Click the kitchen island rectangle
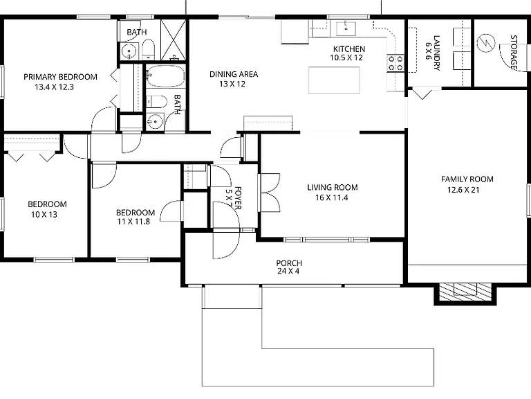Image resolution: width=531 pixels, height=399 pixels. (x=334, y=80)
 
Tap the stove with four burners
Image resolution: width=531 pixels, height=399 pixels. (x=395, y=64)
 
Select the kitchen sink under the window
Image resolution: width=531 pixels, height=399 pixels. (x=346, y=28)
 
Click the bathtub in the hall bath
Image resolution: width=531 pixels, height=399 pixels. (x=166, y=76)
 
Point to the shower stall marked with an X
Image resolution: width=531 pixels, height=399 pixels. (x=173, y=39)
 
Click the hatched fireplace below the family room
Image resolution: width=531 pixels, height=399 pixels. (x=465, y=292)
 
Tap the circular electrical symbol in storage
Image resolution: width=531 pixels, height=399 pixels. (x=485, y=43)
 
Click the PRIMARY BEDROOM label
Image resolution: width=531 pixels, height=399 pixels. (x=60, y=77)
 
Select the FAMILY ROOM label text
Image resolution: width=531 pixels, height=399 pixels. (x=467, y=179)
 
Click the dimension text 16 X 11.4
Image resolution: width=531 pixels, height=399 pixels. (x=332, y=198)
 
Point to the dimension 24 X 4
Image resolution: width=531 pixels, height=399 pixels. (x=288, y=271)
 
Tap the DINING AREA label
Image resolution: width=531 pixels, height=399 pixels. (x=234, y=74)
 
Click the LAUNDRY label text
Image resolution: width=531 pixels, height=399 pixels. (x=437, y=53)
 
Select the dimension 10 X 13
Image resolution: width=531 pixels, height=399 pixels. (x=44, y=215)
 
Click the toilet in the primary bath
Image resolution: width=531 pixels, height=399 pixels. (x=148, y=49)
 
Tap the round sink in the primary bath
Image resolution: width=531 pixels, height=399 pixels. (x=129, y=51)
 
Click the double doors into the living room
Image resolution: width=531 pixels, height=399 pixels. (x=270, y=193)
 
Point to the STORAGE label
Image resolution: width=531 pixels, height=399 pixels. (x=514, y=53)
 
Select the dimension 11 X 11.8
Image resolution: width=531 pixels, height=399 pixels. (x=133, y=222)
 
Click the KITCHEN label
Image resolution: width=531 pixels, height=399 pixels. (x=348, y=49)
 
